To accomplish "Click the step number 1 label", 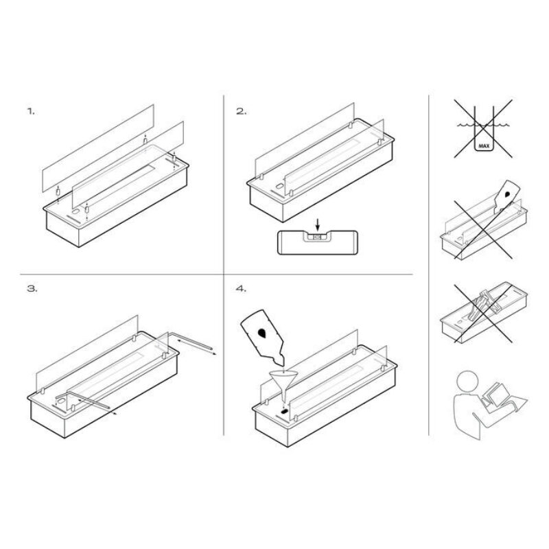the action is (31, 111).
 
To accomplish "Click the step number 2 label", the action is (242, 111).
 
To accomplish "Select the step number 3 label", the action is (32, 289).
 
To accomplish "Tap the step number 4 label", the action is (242, 289).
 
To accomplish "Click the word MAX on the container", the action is (484, 145).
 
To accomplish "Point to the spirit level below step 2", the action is (318, 242).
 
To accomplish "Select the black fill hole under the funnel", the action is (285, 410).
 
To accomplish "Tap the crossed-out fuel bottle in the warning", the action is (506, 196).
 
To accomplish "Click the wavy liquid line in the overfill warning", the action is (484, 125).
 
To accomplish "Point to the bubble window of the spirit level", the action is (318, 237).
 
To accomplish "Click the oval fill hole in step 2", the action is (279, 186).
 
